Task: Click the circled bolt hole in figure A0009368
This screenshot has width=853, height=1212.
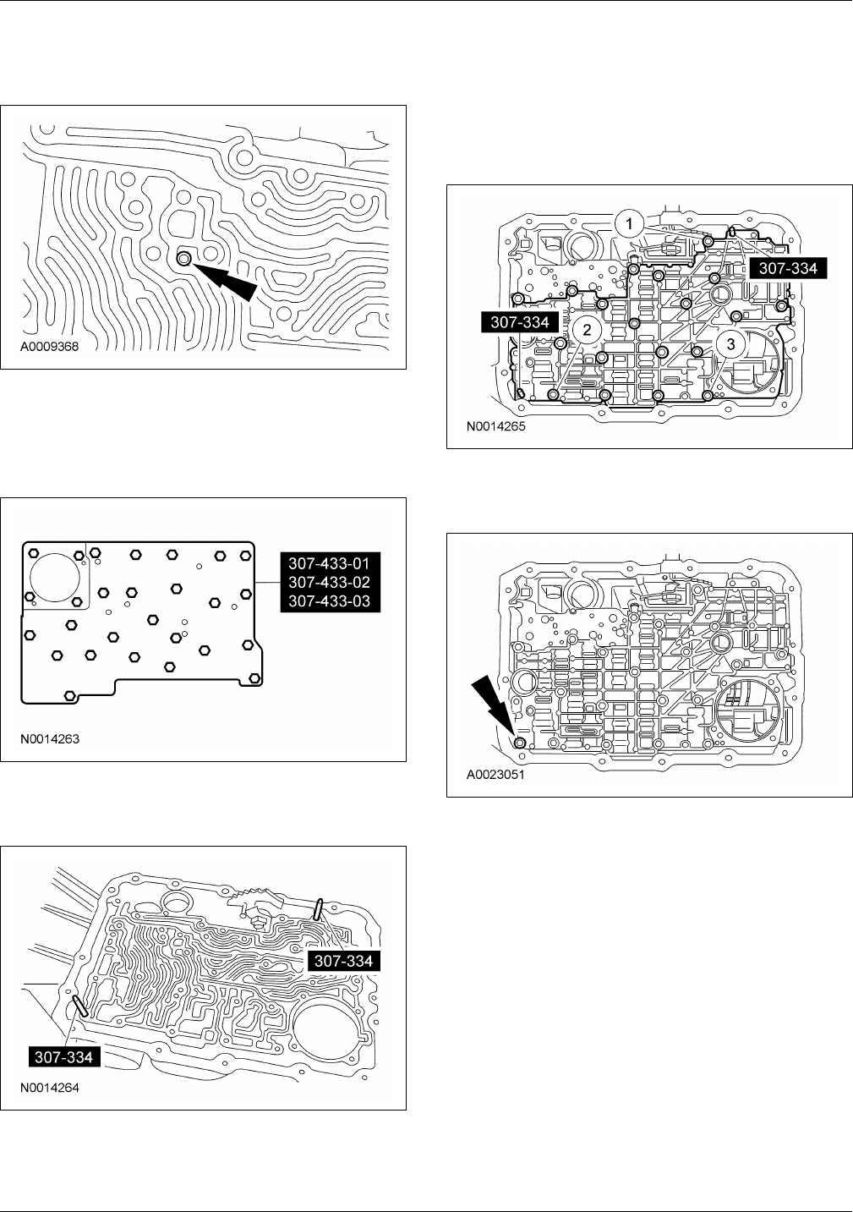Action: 183,258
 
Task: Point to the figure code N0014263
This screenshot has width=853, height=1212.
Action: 52,738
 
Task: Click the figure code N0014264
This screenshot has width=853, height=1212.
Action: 52,1088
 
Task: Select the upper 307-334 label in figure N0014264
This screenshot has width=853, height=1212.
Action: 342,961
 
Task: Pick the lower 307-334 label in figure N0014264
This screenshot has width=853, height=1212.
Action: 64,1056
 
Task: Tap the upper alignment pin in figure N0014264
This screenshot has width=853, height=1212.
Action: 318,909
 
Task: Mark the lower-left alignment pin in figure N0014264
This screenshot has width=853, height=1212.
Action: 81,1006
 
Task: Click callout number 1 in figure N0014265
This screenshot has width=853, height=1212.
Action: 626,224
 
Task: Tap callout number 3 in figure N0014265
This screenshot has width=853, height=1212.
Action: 731,343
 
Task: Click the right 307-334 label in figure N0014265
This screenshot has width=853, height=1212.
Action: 788,268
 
